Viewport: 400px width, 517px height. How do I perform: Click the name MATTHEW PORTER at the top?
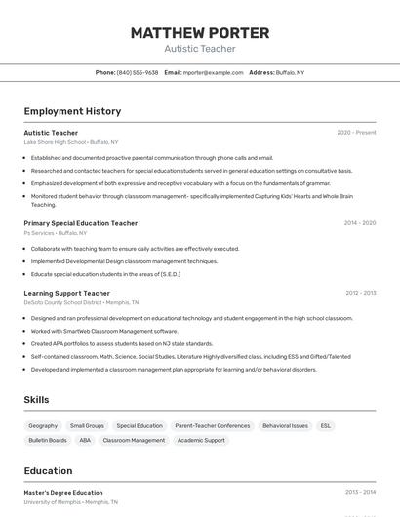[199, 33]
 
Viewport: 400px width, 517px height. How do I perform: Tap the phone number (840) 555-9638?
[138, 72]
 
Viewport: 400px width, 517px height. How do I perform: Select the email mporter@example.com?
[213, 72]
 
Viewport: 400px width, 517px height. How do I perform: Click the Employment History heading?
[72, 111]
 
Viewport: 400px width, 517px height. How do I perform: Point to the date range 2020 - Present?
[356, 133]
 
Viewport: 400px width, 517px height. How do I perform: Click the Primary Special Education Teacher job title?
[80, 223]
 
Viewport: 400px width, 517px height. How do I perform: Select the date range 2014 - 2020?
[359, 223]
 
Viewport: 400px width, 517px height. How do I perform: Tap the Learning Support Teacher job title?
[66, 293]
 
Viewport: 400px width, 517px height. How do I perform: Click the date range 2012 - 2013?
[359, 293]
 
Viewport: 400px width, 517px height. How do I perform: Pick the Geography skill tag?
[43, 425]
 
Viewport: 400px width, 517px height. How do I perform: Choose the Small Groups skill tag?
[87, 425]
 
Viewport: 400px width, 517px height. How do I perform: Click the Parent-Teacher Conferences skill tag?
[213, 425]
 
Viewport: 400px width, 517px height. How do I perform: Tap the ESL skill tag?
[326, 425]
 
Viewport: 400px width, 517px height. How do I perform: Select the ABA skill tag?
[85, 440]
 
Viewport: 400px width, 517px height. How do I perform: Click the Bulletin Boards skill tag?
[48, 440]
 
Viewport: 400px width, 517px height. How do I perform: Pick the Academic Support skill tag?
[201, 440]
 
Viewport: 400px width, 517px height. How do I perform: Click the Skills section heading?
[36, 400]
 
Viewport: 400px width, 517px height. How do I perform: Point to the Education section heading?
[48, 470]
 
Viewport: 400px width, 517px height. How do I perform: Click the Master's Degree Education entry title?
[63, 493]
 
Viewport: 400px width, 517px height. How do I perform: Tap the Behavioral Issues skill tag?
[285, 425]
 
